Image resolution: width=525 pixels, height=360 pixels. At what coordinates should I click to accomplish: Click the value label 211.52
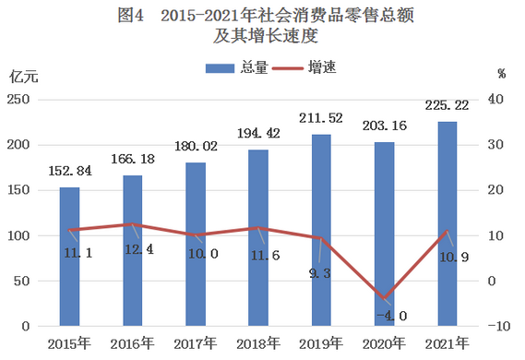click(x=321, y=118)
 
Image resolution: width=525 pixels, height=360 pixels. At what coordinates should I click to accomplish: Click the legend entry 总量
click(x=239, y=67)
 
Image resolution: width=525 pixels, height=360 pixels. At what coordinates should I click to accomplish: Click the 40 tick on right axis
click(x=497, y=100)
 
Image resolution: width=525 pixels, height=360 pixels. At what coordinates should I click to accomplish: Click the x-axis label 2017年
click(x=196, y=345)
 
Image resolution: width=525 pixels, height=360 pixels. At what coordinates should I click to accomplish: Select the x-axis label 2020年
click(x=384, y=345)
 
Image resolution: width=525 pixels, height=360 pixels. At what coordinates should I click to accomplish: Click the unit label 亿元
click(x=24, y=75)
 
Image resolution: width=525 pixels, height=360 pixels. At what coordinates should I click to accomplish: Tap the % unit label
click(x=501, y=73)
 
